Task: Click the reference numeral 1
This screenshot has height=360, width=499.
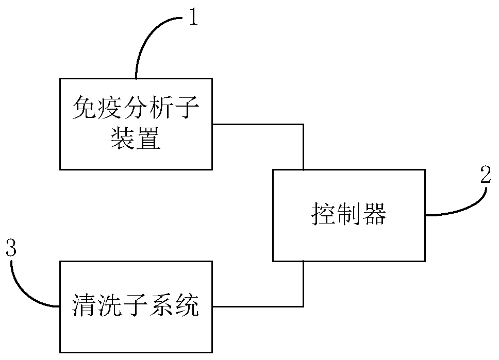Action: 192,19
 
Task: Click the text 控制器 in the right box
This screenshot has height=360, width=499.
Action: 349,215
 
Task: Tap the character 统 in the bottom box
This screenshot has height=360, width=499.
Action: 188,307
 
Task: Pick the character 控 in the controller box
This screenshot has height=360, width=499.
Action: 323,215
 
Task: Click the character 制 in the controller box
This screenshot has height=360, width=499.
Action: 349,215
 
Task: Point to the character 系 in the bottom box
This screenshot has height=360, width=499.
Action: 162,307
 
